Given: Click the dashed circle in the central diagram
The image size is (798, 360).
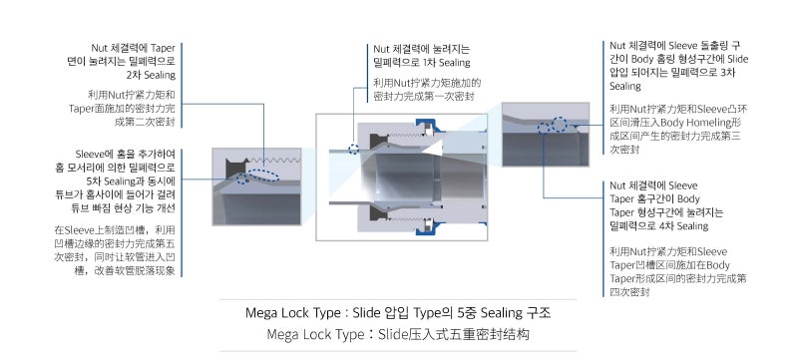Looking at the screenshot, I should point(355,149).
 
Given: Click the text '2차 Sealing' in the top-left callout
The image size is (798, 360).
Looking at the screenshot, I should point(152,74).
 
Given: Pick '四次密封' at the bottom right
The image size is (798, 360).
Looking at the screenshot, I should point(629,292).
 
